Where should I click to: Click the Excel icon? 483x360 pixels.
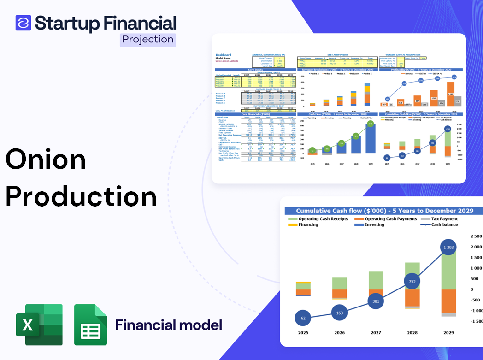pyautogui.click(x=39, y=325)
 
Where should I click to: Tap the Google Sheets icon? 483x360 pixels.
pyautogui.click(x=90, y=325)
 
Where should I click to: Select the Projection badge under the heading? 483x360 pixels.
pyautogui.click(x=148, y=40)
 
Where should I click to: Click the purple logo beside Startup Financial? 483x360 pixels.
pyautogui.click(x=23, y=23)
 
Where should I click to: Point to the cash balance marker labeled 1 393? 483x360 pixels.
pyautogui.click(x=448, y=248)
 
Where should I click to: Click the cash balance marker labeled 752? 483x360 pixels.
pyautogui.click(x=412, y=282)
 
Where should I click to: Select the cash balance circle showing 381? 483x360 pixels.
pyautogui.click(x=376, y=301)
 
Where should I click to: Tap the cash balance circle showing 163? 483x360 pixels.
pyautogui.click(x=339, y=313)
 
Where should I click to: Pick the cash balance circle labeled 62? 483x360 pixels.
pyautogui.click(x=303, y=318)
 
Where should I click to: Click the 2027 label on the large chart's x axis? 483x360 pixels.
pyautogui.click(x=376, y=333)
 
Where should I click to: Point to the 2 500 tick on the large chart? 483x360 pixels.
pyautogui.click(x=475, y=236)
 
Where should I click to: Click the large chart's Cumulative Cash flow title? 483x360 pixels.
pyautogui.click(x=384, y=211)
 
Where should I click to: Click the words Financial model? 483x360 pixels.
pyautogui.click(x=169, y=325)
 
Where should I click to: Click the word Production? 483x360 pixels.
pyautogui.click(x=81, y=197)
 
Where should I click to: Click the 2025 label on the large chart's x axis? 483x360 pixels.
pyautogui.click(x=303, y=333)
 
